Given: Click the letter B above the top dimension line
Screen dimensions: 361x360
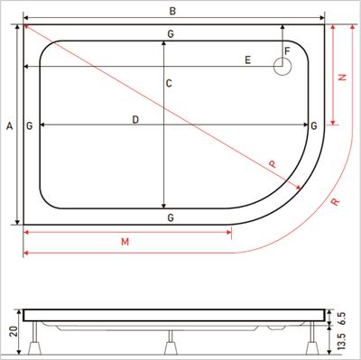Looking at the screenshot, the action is pos(172,11).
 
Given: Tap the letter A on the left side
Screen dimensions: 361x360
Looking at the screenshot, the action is pos(10,126).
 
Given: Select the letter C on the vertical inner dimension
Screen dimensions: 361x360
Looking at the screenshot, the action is pos(169,83).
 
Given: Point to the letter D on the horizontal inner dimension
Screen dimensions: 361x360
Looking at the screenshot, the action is pos(135,120).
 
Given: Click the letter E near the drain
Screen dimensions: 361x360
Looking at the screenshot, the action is pos(247,60).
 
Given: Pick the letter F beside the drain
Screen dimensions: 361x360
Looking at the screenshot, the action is pos(287,51).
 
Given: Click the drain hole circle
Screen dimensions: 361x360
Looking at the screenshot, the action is pos(282,67).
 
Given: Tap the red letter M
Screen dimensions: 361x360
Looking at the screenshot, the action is pos(125,242).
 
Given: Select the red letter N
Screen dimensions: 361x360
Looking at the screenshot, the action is pos(342,77).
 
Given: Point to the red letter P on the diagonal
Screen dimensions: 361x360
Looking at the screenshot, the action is pos(273,164).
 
